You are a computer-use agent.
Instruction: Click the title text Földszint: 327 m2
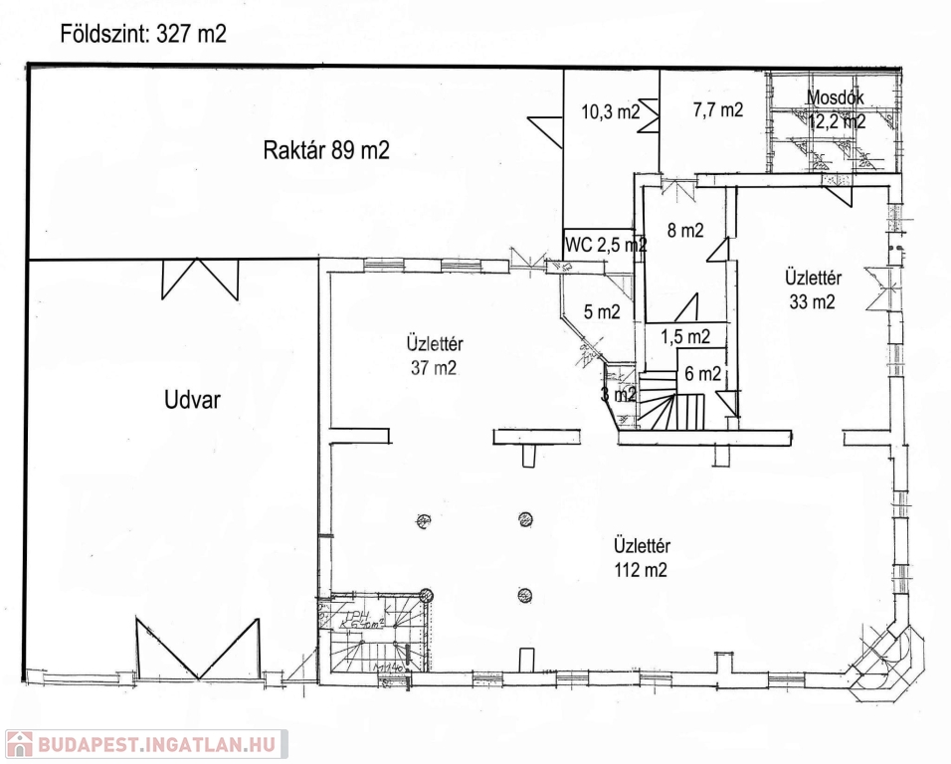(x=143, y=35)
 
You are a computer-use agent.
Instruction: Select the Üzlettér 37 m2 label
(x=437, y=356)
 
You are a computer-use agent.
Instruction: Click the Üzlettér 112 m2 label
(x=641, y=557)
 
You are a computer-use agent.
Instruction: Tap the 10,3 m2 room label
(x=610, y=112)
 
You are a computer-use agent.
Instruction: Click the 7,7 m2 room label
(x=717, y=110)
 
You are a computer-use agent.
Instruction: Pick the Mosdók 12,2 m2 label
(x=836, y=110)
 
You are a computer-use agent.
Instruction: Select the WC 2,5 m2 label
(x=605, y=244)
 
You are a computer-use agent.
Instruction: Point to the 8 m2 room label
(x=685, y=231)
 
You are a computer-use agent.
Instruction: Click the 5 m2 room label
(x=602, y=311)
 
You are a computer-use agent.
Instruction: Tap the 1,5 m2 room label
(x=685, y=336)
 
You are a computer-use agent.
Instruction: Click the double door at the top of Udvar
(x=200, y=279)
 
